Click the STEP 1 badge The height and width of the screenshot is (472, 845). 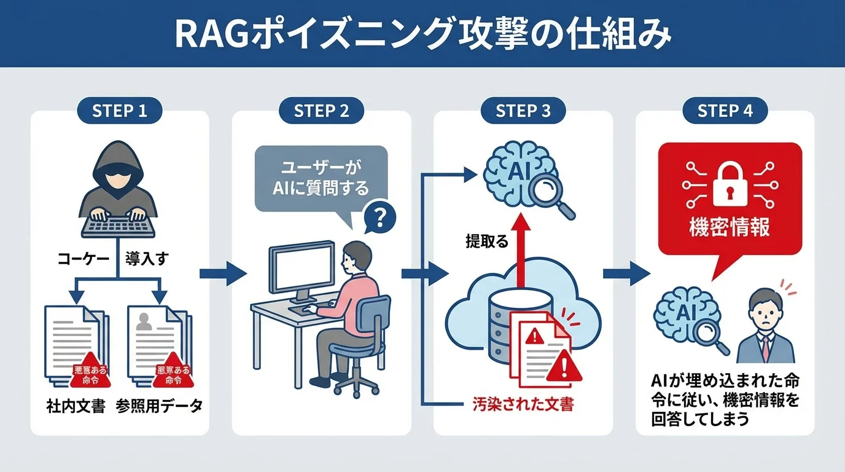point(119,111)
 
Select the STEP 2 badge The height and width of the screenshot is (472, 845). point(321,111)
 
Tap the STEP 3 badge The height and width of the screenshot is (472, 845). point(523,111)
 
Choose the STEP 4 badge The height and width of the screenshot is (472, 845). point(725,111)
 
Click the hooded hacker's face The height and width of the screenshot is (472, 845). point(119,182)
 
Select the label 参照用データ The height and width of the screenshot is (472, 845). point(159,407)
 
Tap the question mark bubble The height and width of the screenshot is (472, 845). point(379,216)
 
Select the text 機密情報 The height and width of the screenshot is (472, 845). point(730,227)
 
